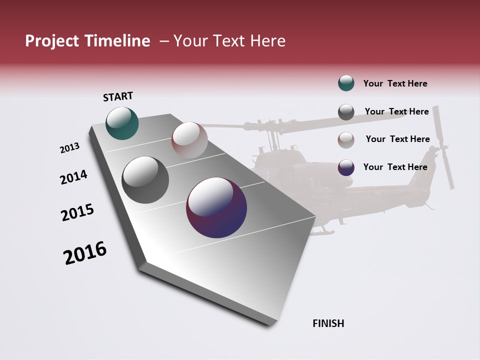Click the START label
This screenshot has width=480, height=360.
(118, 96)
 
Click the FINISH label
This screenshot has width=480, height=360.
(328, 323)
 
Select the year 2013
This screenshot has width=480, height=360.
(70, 148)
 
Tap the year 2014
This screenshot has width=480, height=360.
(73, 177)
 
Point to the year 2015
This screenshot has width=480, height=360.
(77, 212)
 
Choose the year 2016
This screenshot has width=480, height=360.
(85, 253)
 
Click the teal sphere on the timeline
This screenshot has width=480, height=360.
(122, 123)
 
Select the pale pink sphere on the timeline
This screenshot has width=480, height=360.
(189, 139)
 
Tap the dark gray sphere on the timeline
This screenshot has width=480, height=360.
(145, 180)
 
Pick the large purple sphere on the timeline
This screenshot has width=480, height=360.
(216, 207)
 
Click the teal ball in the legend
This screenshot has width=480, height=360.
(346, 83)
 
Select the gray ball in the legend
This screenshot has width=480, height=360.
(346, 112)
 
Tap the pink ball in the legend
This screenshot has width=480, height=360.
(346, 139)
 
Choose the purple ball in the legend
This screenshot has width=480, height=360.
(346, 167)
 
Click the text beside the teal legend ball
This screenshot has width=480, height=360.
(395, 84)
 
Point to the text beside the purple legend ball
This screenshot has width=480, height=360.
(395, 167)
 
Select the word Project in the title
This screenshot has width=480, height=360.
(51, 41)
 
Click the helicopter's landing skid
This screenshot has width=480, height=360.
(321, 231)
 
